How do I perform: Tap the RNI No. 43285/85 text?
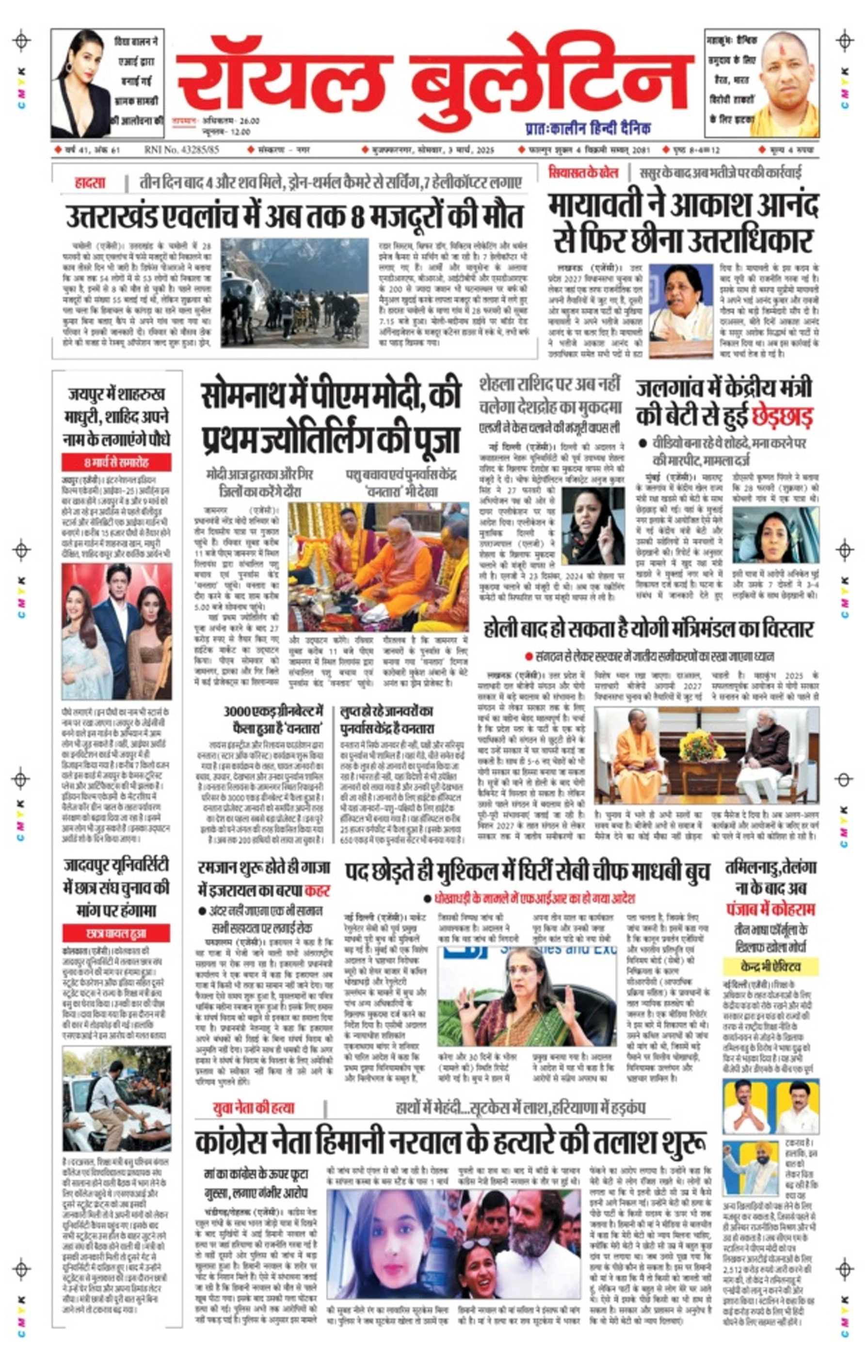tap(181, 150)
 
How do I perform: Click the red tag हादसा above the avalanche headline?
tap(90, 183)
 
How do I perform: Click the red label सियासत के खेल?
tap(583, 173)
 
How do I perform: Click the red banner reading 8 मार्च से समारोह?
tap(116, 462)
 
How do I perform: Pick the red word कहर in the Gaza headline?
tap(317, 891)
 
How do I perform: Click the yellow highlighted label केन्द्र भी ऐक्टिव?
tap(770, 967)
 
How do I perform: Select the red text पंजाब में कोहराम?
tap(770, 909)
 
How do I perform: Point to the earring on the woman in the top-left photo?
tap(69, 67)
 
